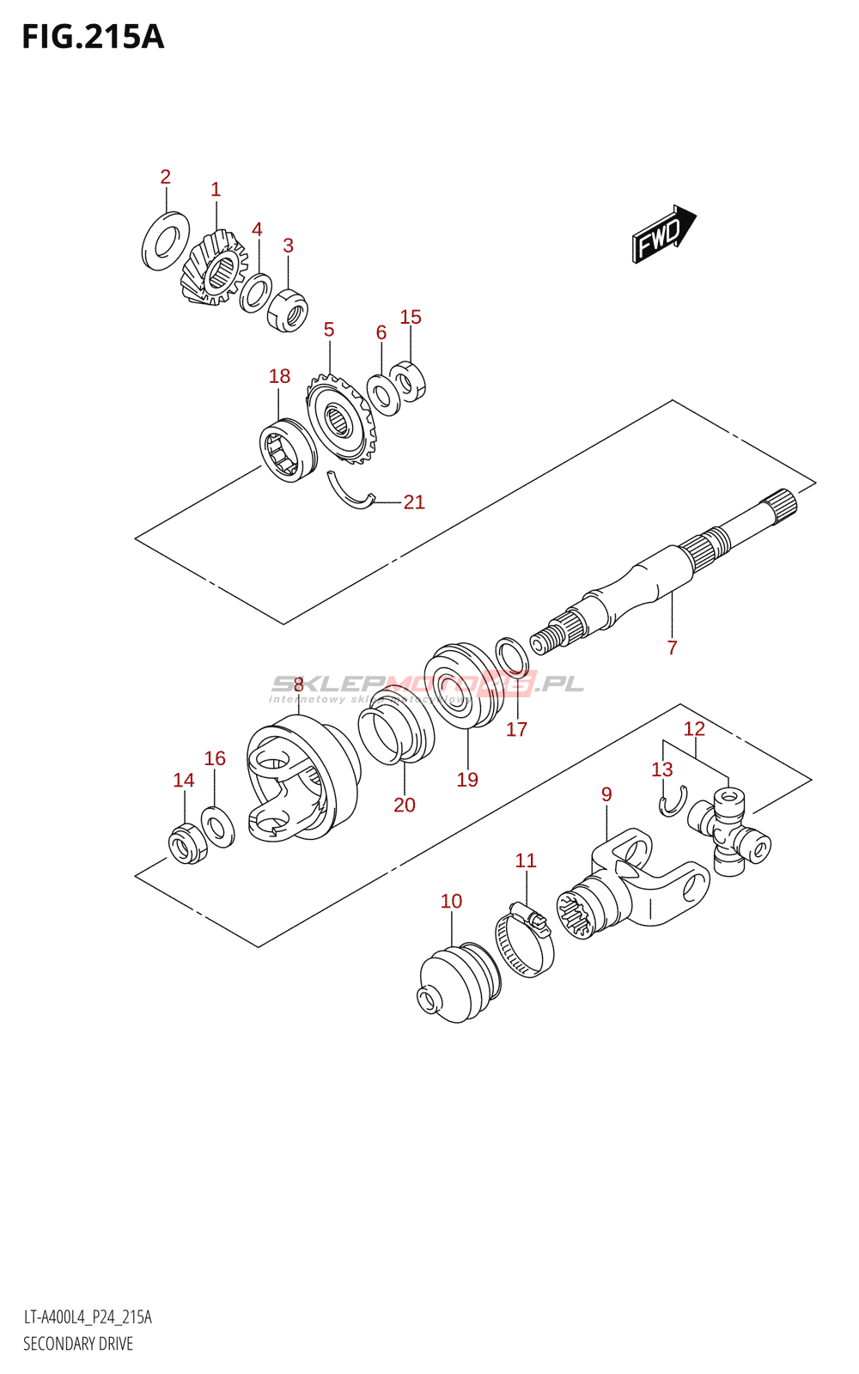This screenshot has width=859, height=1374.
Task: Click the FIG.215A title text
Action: coord(93,38)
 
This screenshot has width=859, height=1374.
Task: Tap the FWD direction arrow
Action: coord(663,233)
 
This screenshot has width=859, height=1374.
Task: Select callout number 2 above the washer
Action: coord(165,177)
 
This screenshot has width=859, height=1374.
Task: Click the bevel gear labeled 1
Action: coord(214,267)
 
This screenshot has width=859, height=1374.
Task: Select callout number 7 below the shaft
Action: coord(672,647)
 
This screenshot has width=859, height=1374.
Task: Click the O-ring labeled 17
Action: coord(512,657)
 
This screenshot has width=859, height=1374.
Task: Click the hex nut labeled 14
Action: coord(187,843)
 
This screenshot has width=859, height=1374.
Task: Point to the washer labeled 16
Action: coord(218,826)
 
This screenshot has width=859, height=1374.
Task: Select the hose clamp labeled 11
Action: coord(525,943)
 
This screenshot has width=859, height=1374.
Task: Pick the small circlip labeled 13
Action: coord(673,800)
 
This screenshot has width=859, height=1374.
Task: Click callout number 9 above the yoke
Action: coord(606,794)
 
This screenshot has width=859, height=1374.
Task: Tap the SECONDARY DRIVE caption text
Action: coord(78,1344)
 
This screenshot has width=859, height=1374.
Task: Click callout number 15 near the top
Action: coord(411,317)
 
